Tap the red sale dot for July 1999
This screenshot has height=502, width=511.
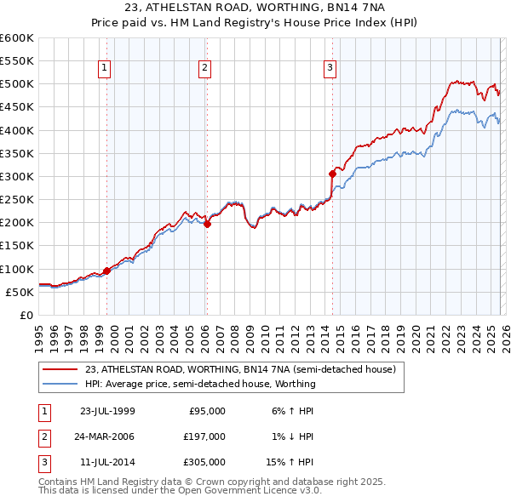pyautogui.click(x=107, y=271)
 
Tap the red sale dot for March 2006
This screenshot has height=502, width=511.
pyautogui.click(x=207, y=225)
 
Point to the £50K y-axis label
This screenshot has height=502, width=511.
pyautogui.click(x=20, y=292)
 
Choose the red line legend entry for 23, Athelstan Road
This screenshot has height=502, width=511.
pyautogui.click(x=239, y=370)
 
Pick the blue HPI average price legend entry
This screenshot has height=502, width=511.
pyautogui.click(x=200, y=384)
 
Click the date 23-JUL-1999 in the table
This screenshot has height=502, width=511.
pyautogui.click(x=106, y=411)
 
